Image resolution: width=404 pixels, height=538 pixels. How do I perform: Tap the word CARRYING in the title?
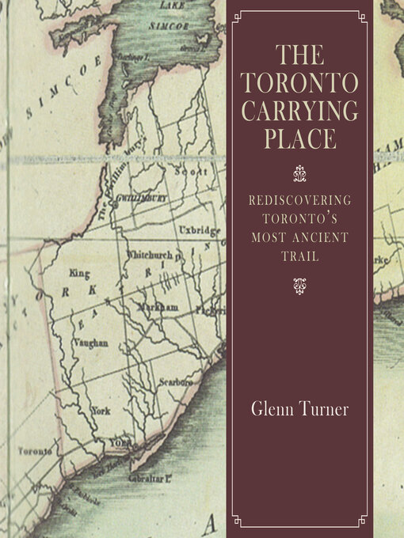[299, 111]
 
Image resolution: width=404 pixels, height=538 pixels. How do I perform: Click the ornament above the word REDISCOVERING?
[299, 169]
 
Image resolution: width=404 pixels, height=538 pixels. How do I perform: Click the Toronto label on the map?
[36, 451]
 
